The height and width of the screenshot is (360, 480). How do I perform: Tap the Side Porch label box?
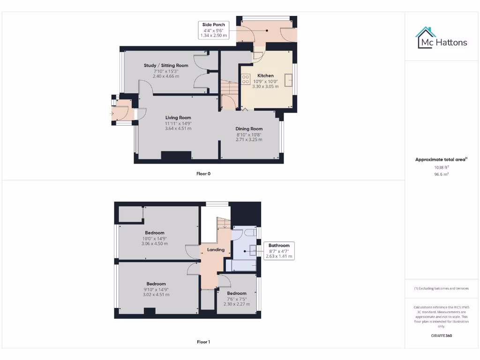click(x=213, y=30)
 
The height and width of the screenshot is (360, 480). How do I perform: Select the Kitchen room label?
click(x=265, y=75)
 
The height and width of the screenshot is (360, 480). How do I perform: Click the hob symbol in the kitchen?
click(x=245, y=80)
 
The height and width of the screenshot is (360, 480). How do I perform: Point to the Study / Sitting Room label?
click(x=166, y=66)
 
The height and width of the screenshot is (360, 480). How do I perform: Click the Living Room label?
click(x=178, y=118)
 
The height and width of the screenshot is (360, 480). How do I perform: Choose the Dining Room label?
click(x=249, y=128)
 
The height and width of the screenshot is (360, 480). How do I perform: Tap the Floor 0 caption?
click(x=203, y=173)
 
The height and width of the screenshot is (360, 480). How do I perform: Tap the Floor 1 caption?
click(x=203, y=342)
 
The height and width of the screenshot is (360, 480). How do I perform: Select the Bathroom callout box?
click(x=279, y=251)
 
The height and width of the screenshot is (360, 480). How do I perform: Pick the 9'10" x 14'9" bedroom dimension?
click(x=156, y=289)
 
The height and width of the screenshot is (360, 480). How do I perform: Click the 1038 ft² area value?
click(x=441, y=167)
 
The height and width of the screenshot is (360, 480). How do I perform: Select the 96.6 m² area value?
click(x=441, y=174)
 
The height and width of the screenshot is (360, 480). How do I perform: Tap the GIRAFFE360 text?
click(x=441, y=336)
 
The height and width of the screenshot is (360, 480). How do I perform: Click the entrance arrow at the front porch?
click(x=112, y=113)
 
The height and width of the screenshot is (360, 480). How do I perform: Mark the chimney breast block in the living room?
click(x=176, y=156)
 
